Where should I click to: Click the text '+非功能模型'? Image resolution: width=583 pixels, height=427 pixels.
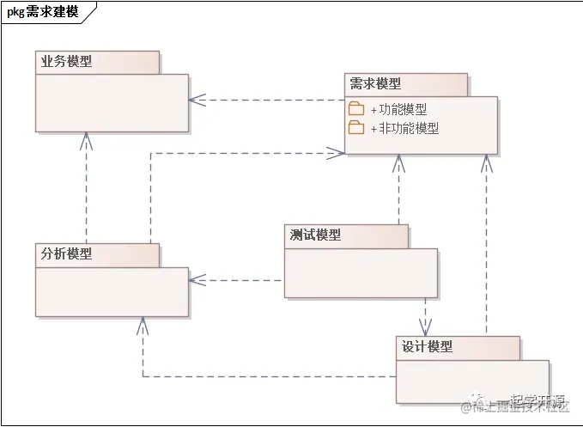[404, 128]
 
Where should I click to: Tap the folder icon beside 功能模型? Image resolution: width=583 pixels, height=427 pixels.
[356, 109]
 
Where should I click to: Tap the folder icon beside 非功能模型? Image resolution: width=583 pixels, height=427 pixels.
[356, 128]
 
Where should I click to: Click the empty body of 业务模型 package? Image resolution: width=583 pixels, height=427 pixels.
[112, 103]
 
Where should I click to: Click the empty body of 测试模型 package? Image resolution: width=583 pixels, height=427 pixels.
[361, 273]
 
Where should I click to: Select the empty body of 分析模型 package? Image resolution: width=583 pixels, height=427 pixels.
[112, 292]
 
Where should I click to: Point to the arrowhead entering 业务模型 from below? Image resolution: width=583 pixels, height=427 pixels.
[86, 141]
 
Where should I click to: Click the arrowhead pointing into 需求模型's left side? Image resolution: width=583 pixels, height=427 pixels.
[337, 153]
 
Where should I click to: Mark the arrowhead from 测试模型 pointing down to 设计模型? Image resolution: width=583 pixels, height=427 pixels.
[425, 327]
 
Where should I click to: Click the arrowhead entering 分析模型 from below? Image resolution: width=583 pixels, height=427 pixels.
[143, 325]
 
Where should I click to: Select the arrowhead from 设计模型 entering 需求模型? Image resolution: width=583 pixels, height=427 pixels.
[486, 162]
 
